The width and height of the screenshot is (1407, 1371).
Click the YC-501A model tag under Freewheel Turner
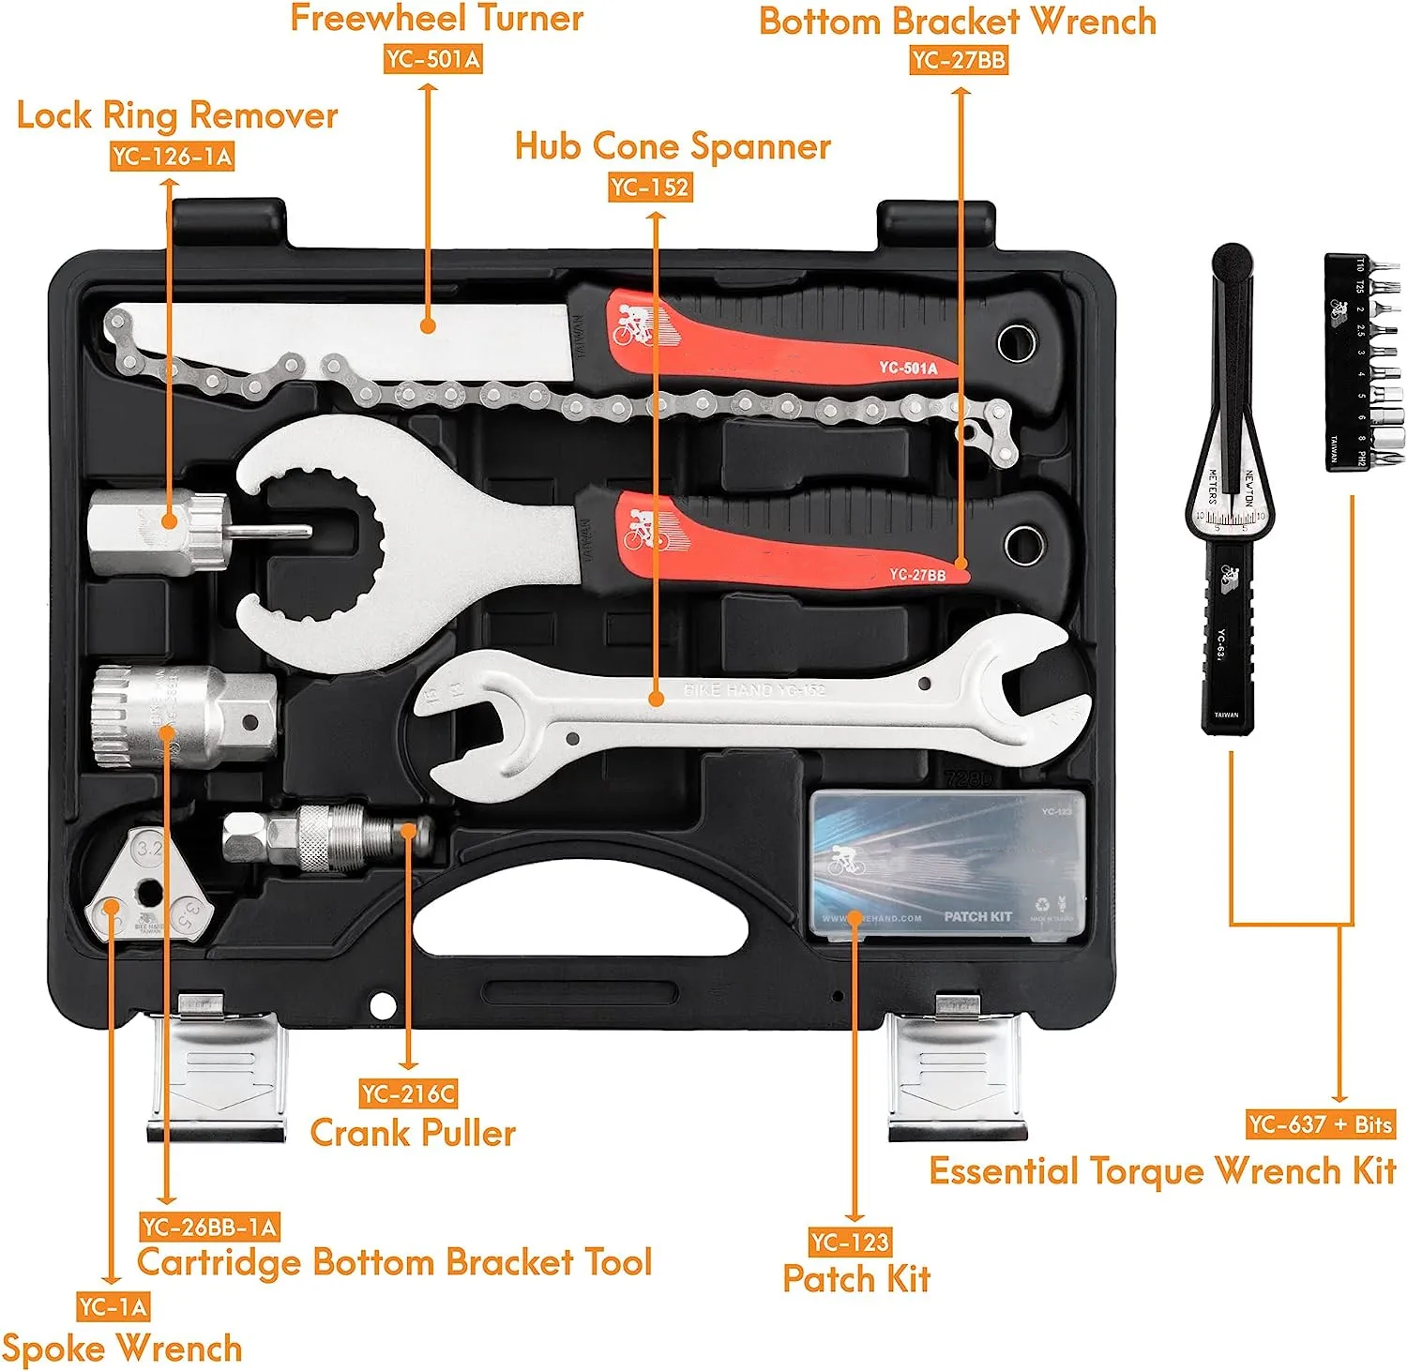(433, 59)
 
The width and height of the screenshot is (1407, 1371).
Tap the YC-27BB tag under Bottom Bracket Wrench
(959, 60)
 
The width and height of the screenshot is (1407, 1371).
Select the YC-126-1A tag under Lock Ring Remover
(172, 156)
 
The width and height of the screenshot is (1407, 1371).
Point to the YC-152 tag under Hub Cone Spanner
(650, 188)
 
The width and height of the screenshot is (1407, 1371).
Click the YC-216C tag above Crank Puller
(408, 1093)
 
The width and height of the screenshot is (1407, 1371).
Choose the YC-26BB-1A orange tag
(210, 1227)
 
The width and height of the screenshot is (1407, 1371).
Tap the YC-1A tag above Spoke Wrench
(113, 1306)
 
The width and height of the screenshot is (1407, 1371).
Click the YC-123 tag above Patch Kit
(850, 1243)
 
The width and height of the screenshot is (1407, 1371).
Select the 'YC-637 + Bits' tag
(1321, 1123)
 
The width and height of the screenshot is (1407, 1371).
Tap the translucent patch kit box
(946, 864)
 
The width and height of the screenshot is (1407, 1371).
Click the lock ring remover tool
(159, 533)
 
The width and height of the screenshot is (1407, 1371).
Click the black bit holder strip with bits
(1352, 360)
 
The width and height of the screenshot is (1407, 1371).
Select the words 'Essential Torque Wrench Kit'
(1162, 1171)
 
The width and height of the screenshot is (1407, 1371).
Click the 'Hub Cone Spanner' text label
(673, 147)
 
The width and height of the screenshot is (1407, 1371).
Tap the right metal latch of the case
(958, 1069)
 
